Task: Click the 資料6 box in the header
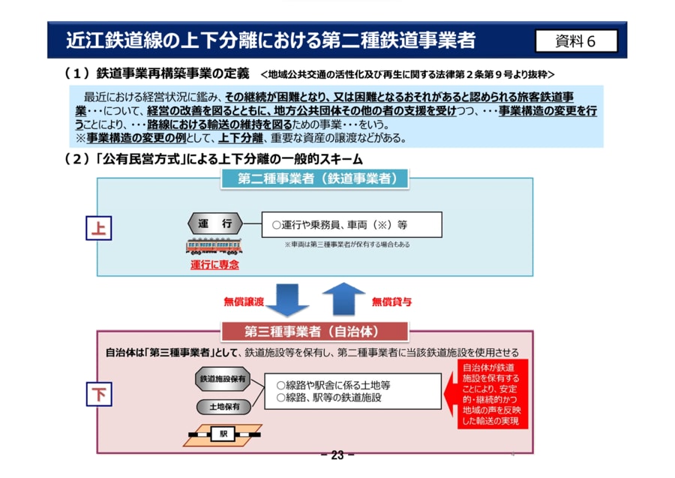coord(576,41)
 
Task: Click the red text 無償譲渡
coord(244,302)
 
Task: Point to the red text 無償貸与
coord(391,302)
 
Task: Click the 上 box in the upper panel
coord(98,228)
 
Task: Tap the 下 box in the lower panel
coord(98,394)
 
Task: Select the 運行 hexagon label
coord(214,224)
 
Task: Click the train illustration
coord(214,247)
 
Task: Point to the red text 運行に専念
coord(214,265)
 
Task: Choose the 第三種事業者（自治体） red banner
coord(315,331)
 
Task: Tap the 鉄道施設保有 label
coord(223,380)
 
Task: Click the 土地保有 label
coord(223,407)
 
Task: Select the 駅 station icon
coord(223,434)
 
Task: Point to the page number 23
coord(337,455)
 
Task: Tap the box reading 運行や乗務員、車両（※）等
coord(352,224)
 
